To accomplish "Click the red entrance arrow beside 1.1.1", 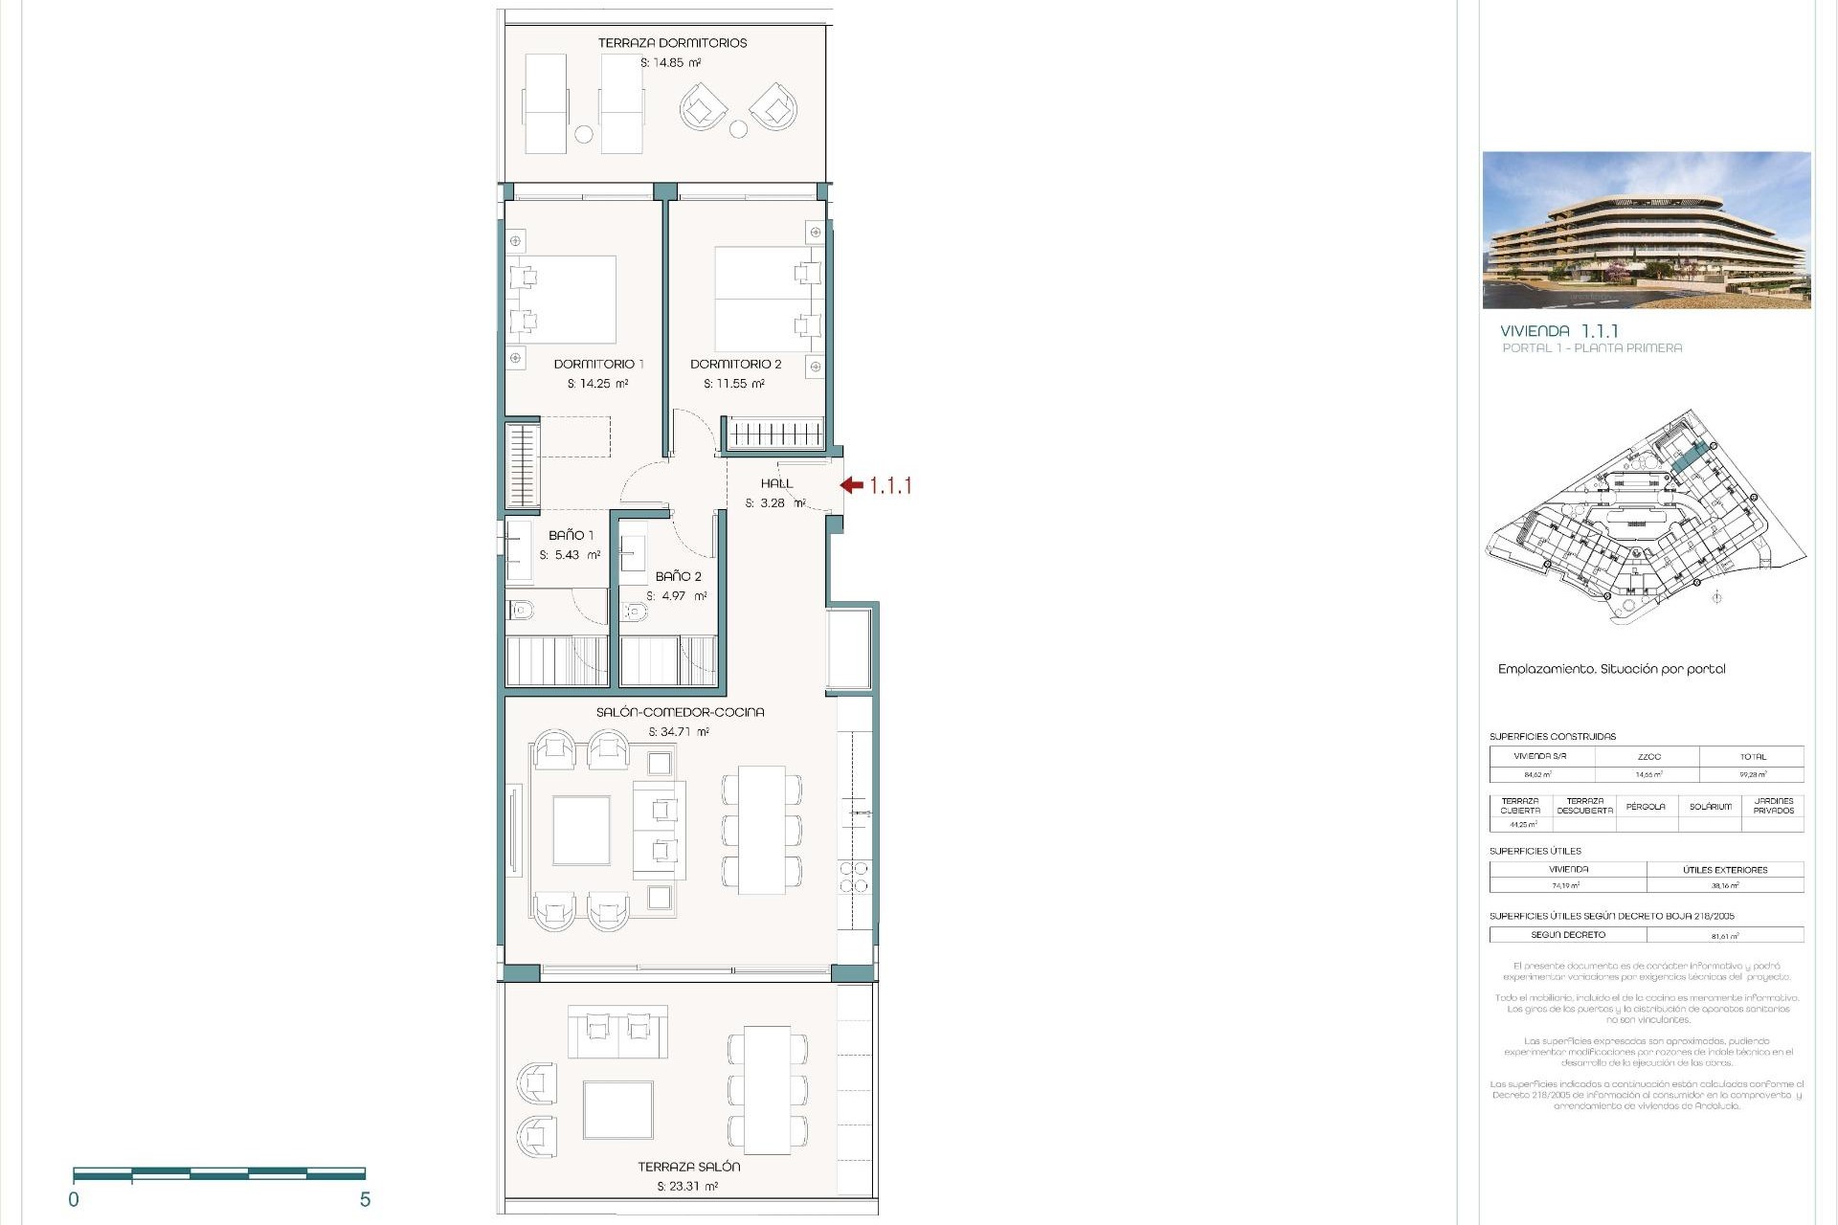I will [x=852, y=485].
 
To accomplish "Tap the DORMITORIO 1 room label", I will [x=598, y=364].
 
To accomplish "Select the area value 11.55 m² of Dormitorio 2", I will [x=734, y=384].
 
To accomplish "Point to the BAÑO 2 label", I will [x=678, y=576].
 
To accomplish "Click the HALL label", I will [x=776, y=483].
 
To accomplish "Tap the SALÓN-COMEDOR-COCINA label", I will [x=680, y=712].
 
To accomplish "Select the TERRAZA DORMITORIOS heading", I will [x=672, y=43].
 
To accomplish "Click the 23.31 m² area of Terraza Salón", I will [x=687, y=1186].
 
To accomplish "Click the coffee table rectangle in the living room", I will [x=581, y=831].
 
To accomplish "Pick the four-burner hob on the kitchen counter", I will [x=854, y=878].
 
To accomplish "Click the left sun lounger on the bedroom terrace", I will [x=546, y=103].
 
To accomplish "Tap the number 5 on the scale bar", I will [x=365, y=1199].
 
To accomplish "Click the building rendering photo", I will [x=1646, y=230].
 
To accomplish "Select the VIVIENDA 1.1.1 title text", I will [x=1558, y=331].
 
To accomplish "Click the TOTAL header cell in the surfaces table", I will [x=1752, y=756].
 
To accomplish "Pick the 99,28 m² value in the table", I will [x=1752, y=774].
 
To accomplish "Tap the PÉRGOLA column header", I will [x=1646, y=807].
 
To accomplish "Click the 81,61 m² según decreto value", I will [x=1725, y=936].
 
